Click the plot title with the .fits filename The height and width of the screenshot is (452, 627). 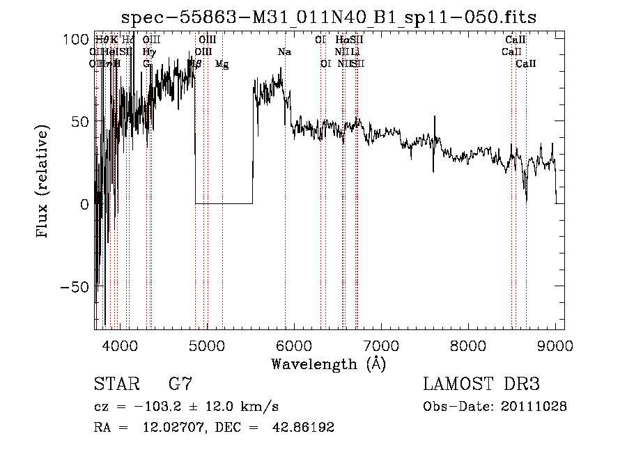pos(329,17)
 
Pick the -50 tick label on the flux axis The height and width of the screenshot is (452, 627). pos(75,286)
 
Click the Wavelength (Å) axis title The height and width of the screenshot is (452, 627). pos(328,364)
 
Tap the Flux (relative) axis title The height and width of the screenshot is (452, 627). pos(43,183)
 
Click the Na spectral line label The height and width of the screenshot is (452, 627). pos(284,52)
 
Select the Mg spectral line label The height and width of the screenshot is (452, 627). pos(222,64)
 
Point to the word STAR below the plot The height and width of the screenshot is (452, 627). pos(116,384)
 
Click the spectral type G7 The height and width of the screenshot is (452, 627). pos(180,384)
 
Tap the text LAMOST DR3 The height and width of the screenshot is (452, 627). pos(481,384)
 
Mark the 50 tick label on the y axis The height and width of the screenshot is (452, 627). pos(82,121)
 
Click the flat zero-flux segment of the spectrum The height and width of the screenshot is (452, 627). pos(224,203)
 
